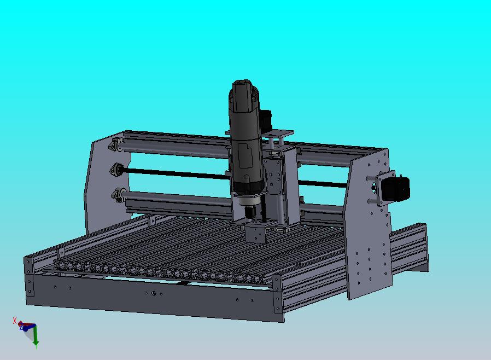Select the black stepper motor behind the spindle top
267,119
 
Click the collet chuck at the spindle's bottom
250,210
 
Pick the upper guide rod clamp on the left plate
116,146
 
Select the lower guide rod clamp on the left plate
118,194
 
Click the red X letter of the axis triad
15,321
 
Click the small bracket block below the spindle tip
256,234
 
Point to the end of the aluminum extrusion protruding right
421,249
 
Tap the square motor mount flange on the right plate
382,189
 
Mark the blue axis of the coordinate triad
23,328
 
